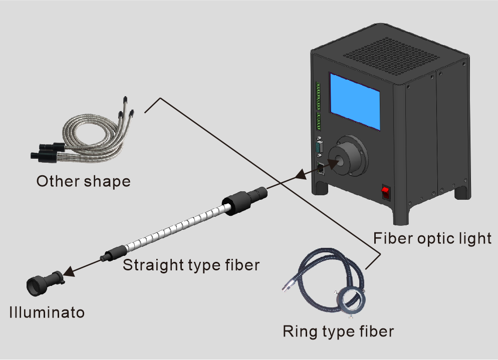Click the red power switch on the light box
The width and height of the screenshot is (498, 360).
pyautogui.click(x=386, y=192)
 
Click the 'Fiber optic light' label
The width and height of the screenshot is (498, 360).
pyautogui.click(x=432, y=238)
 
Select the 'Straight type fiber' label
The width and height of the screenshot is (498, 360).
pyautogui.click(x=191, y=265)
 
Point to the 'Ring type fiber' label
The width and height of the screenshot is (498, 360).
pyautogui.click(x=338, y=331)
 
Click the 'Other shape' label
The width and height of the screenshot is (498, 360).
pyautogui.click(x=84, y=181)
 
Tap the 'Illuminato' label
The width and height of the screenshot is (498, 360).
pyautogui.click(x=47, y=312)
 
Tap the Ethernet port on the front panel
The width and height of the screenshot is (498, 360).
pyautogui.click(x=321, y=168)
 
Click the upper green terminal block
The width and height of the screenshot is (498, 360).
pyautogui.click(x=318, y=96)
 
